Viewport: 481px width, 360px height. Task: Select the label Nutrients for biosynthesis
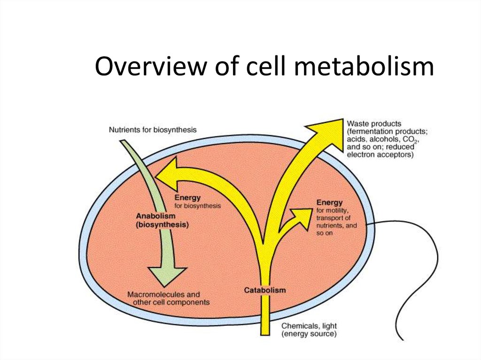[153, 129]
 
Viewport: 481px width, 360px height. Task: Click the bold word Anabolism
[155, 216]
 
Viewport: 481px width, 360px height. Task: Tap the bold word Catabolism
[264, 290]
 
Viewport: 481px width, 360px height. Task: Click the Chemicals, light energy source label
[309, 329]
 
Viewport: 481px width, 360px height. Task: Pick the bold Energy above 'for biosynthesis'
[187, 198]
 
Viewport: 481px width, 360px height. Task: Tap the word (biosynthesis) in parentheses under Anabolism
[163, 225]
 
